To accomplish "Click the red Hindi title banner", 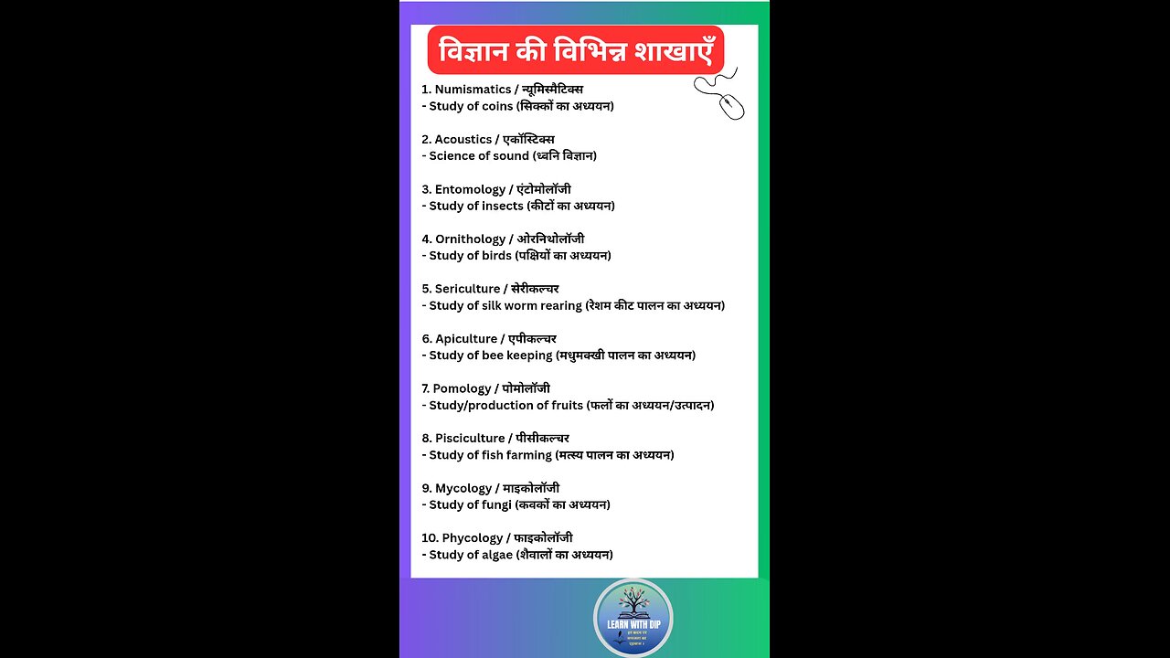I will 575,50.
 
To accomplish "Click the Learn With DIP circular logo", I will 633,619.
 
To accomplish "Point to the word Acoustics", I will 463,140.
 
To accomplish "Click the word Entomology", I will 470,189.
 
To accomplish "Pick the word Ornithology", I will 471,239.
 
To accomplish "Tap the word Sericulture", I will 467,289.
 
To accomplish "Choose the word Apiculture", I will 466,339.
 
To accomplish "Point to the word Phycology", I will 473,538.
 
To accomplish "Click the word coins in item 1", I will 497,106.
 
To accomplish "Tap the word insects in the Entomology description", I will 503,206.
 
